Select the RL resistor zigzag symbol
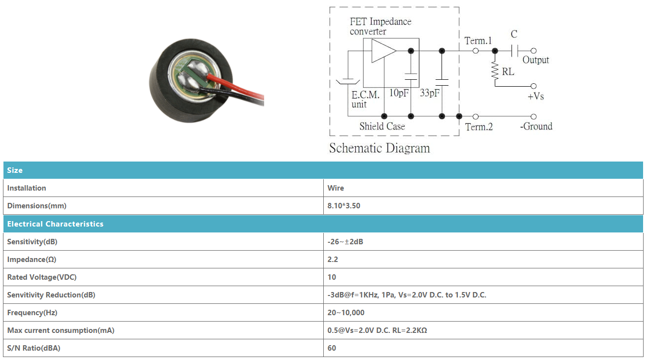[495, 70]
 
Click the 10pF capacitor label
[399, 93]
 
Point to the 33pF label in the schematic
[430, 93]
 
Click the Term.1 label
[478, 41]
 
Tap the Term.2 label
[479, 127]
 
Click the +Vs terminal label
[536, 96]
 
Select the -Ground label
[536, 126]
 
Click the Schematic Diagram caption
[379, 148]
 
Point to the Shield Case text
[382, 126]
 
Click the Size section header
[15, 170]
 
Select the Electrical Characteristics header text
[55, 224]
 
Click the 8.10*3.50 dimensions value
[344, 206]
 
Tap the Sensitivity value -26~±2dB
[345, 242]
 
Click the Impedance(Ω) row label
[32, 260]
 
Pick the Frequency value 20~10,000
[346, 313]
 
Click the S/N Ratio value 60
[332, 348]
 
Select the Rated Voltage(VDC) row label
[42, 277]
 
